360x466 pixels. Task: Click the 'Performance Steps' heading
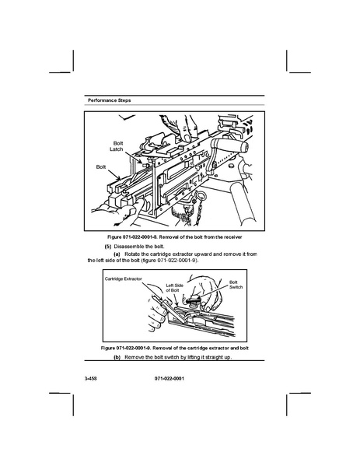tap(110, 100)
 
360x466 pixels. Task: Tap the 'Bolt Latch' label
tap(117, 146)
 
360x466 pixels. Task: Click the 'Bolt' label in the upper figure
tap(101, 167)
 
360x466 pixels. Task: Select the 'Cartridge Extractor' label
tap(124, 279)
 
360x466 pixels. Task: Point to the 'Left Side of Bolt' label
tap(174, 288)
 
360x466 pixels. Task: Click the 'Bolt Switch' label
tap(236, 285)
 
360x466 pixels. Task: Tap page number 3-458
tap(91, 379)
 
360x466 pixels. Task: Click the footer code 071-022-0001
tap(170, 379)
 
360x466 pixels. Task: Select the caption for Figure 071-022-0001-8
tap(175, 237)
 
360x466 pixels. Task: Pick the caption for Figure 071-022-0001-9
tap(175, 348)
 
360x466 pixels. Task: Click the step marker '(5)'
tap(108, 247)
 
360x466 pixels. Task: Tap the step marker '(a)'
tap(117, 254)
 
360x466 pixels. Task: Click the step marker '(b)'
tap(117, 357)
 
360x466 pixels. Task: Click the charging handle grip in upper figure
tap(229, 145)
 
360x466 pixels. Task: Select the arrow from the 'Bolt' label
tap(114, 175)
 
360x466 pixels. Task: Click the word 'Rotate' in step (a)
tap(132, 254)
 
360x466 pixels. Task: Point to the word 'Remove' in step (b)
tap(133, 357)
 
